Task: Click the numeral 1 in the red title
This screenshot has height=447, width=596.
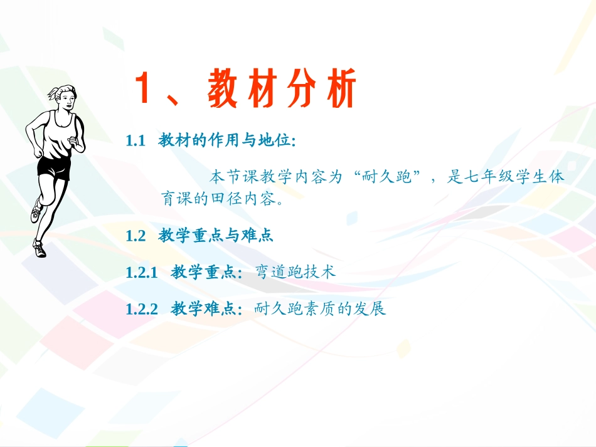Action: pos(146,89)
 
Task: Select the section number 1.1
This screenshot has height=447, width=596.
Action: pos(136,141)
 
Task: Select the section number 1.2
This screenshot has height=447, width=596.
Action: pos(136,236)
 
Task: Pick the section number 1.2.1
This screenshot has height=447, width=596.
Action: pos(141,272)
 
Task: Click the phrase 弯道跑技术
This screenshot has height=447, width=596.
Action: pos(296,272)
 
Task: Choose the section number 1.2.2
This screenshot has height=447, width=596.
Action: pos(141,308)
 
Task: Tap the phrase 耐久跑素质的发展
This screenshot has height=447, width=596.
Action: pos(320,308)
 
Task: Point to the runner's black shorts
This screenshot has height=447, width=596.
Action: pos(54,167)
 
